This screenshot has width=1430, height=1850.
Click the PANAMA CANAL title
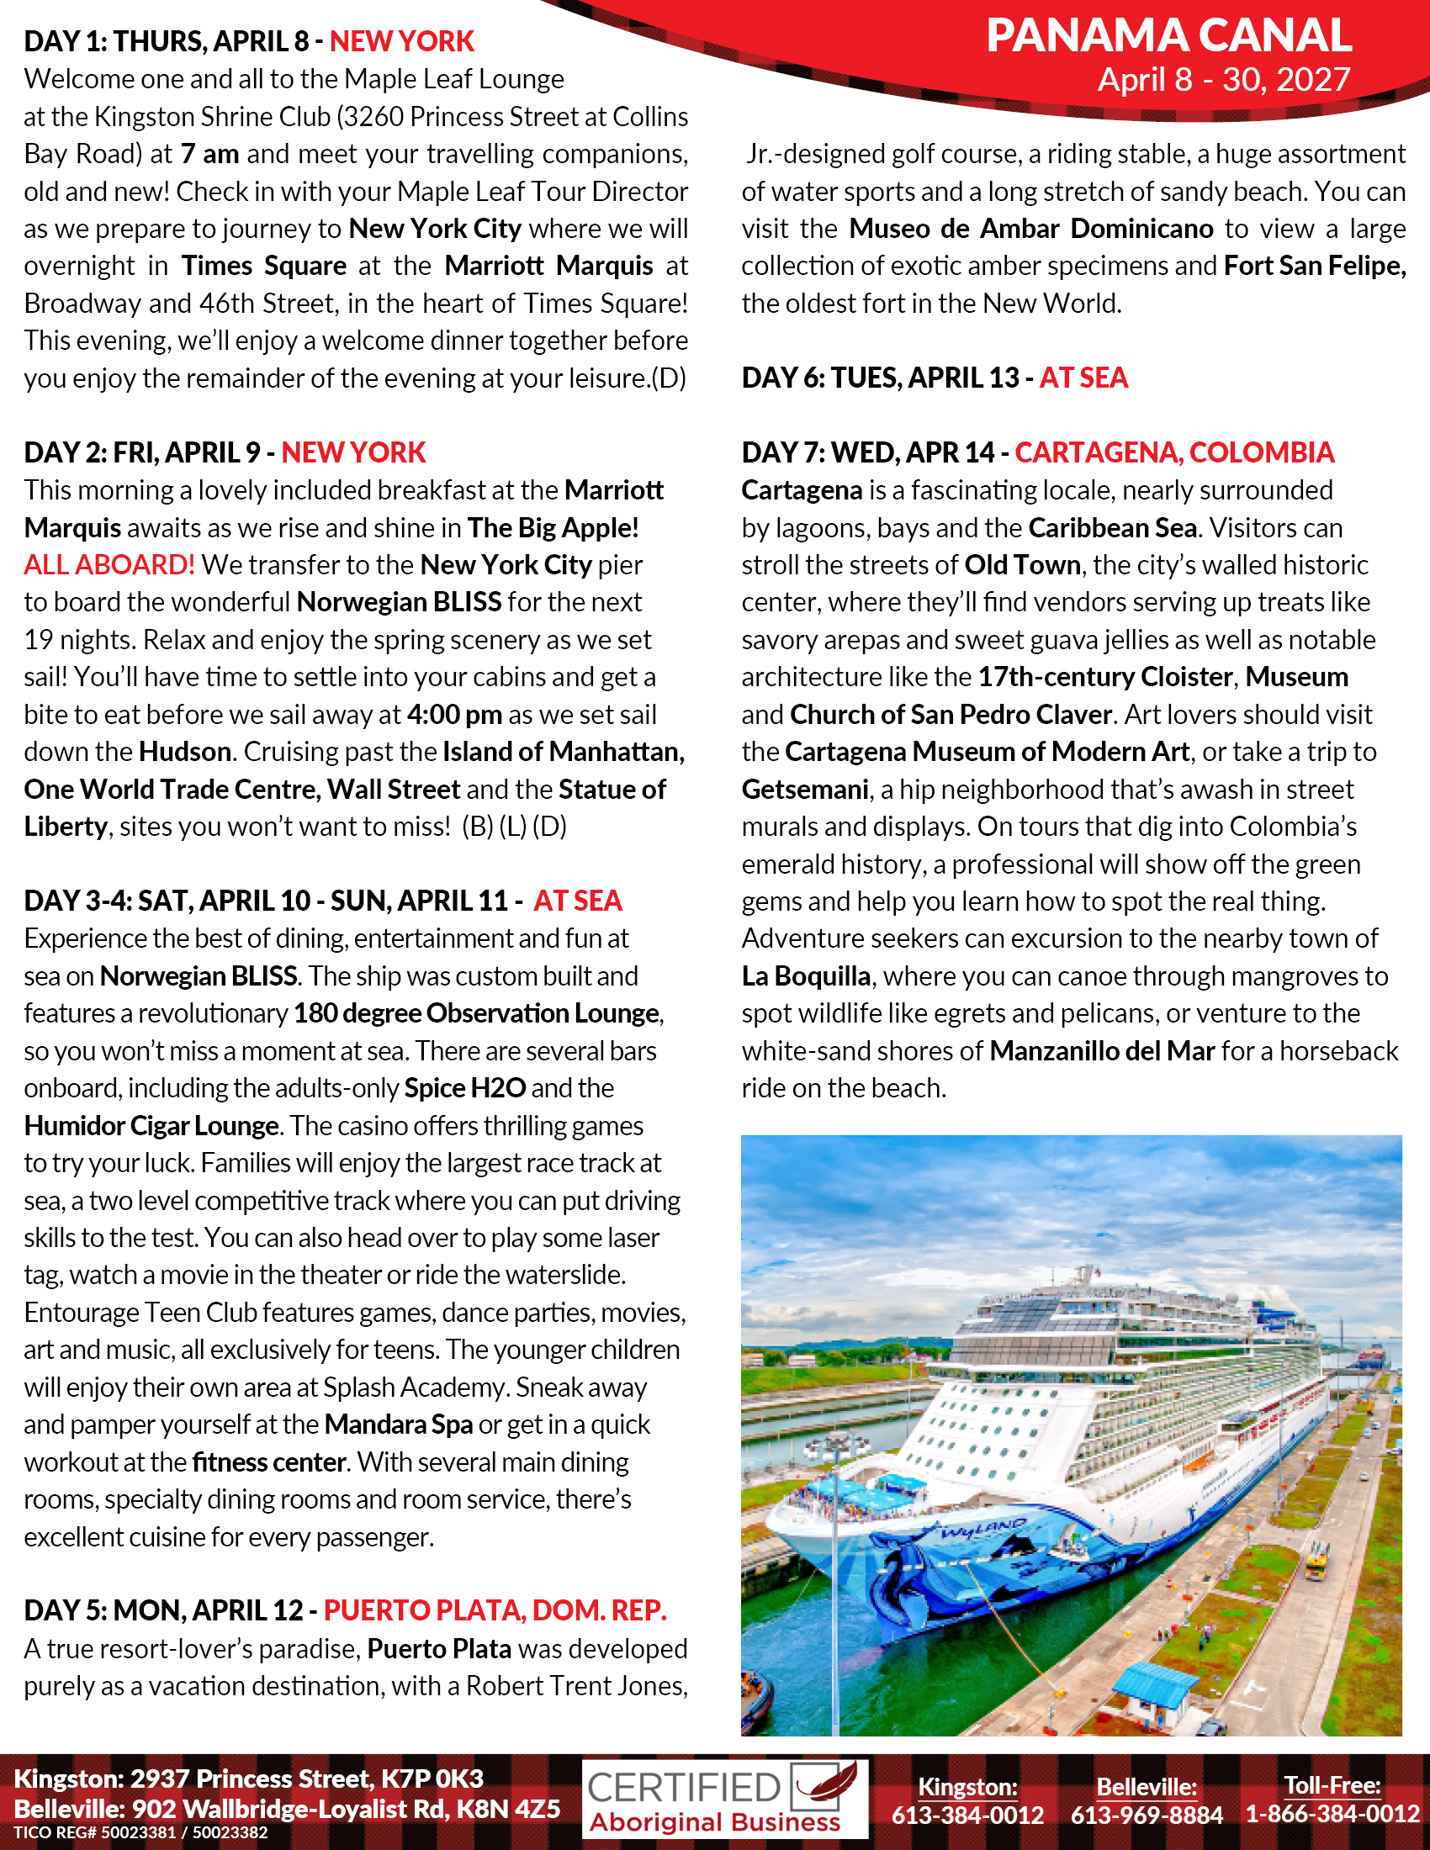pos(1168,36)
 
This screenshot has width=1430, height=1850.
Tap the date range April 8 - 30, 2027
pos(1223,80)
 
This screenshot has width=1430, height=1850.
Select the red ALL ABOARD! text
pos(109,565)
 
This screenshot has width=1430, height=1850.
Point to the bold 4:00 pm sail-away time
pos(454,715)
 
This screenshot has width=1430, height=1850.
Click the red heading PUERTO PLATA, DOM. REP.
pos(495,1609)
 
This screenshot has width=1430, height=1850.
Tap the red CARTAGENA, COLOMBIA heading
pos(1174,452)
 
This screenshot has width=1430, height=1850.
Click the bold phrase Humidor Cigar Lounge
pos(151,1126)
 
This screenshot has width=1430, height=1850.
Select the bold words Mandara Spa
pos(398,1424)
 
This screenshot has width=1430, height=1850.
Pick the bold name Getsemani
pos(805,790)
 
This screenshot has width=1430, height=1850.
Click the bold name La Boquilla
pos(806,976)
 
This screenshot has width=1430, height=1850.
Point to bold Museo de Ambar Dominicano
pos(1031,229)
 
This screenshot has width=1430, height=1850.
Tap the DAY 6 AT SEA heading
pos(935,378)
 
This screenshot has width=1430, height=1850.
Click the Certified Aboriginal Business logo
pos(724,1800)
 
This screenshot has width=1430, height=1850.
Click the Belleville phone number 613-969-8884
pos(1147,1815)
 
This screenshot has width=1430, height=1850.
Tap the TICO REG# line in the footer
pos(140,1832)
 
